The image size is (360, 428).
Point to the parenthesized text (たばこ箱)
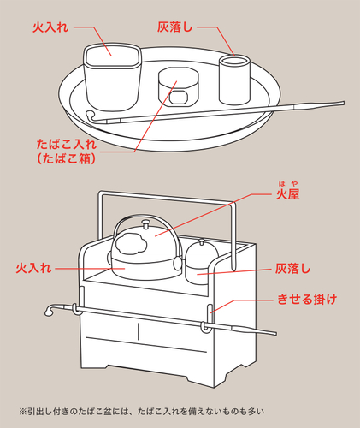tap(65, 158)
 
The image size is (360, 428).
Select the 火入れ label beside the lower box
tap(35, 268)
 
